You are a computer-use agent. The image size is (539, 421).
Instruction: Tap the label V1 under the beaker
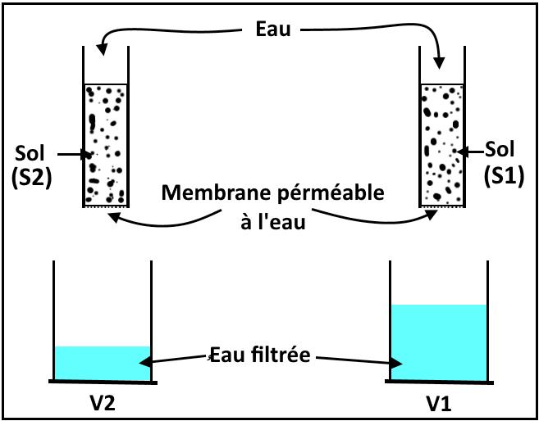[x=439, y=405]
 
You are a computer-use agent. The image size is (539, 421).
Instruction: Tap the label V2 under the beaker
[x=103, y=405]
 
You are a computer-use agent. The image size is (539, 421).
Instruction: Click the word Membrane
[x=204, y=194]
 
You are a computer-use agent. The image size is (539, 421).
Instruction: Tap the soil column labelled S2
[x=104, y=143]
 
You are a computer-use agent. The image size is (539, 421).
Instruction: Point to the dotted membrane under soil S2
[x=104, y=206]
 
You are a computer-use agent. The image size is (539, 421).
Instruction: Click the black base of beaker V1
[x=439, y=383]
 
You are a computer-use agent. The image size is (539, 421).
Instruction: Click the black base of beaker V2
[x=103, y=383]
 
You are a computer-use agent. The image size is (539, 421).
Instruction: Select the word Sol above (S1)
[x=500, y=150]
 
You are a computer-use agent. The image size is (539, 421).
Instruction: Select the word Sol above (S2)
[x=32, y=153]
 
